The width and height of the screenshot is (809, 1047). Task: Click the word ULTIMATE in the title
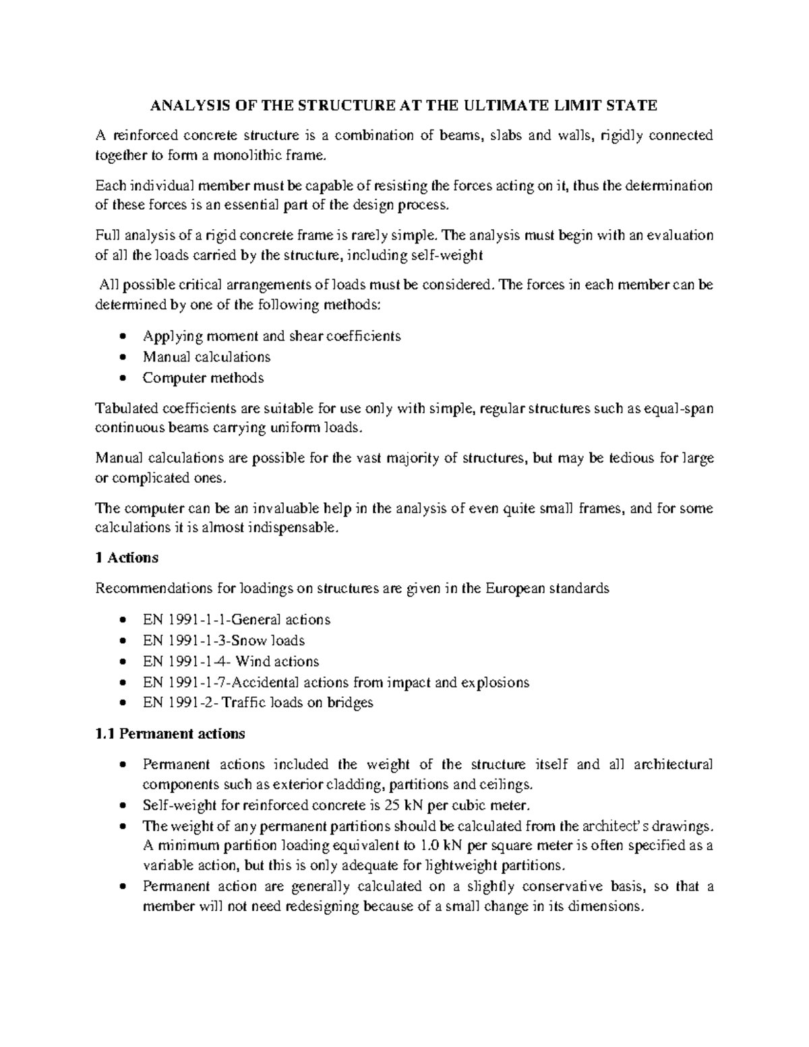(x=514, y=105)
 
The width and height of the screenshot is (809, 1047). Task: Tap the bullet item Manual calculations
(x=206, y=357)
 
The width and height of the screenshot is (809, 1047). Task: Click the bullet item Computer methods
(x=203, y=378)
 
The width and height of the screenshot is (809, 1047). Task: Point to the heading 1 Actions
(x=127, y=558)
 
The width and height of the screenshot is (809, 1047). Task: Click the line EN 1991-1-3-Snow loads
(x=224, y=640)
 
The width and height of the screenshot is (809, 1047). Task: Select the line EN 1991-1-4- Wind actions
(x=231, y=661)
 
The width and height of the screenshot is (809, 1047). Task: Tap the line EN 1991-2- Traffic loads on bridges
(x=258, y=702)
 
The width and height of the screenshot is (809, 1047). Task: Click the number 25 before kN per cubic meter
(x=390, y=805)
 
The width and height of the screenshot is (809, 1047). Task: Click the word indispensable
(x=293, y=529)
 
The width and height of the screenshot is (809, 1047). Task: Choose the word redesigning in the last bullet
(x=323, y=906)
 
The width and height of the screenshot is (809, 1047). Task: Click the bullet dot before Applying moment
(x=121, y=336)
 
